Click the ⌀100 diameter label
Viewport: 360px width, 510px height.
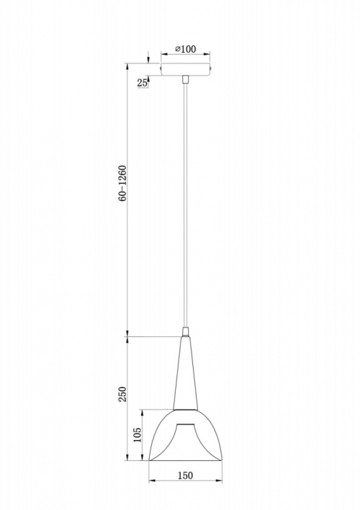(185, 49)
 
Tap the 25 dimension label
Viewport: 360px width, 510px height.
(142, 83)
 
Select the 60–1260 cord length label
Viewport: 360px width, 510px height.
(122, 184)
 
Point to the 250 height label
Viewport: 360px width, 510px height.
(122, 394)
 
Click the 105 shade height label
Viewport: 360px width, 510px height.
(138, 435)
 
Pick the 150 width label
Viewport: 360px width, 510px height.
(185, 475)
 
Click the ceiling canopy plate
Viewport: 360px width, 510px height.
(185, 69)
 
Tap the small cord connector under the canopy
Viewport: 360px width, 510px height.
(185, 80)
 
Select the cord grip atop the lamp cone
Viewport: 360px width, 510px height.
(185, 332)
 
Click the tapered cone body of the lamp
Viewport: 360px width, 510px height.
(185, 372)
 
